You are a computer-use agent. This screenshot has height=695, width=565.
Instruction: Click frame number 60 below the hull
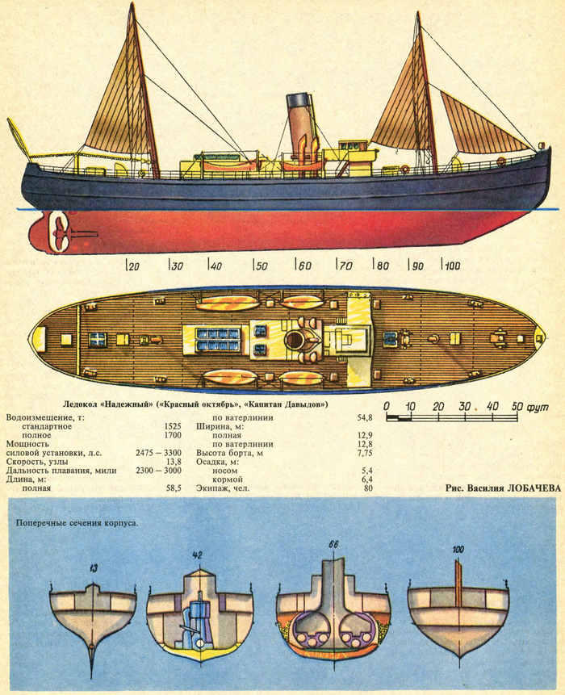click(303, 265)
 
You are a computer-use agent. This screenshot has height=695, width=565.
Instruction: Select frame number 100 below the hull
click(451, 265)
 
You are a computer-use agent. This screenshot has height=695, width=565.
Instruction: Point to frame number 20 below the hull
click(133, 265)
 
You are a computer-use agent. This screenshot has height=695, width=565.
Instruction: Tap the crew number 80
click(367, 488)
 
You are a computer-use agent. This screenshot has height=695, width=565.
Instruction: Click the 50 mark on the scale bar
click(517, 405)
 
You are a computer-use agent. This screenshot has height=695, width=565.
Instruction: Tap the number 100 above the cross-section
click(458, 550)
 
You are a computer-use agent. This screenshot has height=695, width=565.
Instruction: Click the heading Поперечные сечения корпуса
click(77, 521)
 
